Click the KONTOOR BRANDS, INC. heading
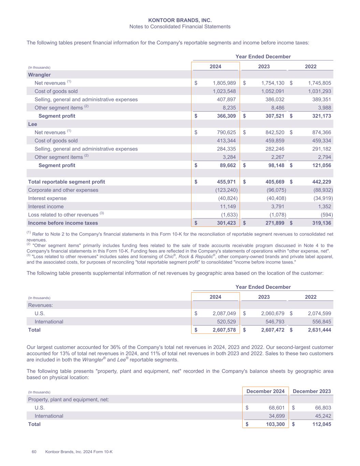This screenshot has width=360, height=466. coord(180,20)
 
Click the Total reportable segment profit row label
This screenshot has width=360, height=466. coord(67,182)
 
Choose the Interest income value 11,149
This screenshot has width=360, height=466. coord(228,207)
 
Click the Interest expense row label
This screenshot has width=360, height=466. coord(47,198)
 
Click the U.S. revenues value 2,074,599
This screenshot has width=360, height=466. coord(319,313)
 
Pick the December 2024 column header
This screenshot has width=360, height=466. coord(265,391)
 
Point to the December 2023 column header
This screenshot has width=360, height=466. coord(312,391)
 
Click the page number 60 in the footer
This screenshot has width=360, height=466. coord(34,452)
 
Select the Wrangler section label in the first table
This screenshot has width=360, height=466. coord(39,75)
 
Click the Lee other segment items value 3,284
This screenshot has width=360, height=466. coord(228,157)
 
